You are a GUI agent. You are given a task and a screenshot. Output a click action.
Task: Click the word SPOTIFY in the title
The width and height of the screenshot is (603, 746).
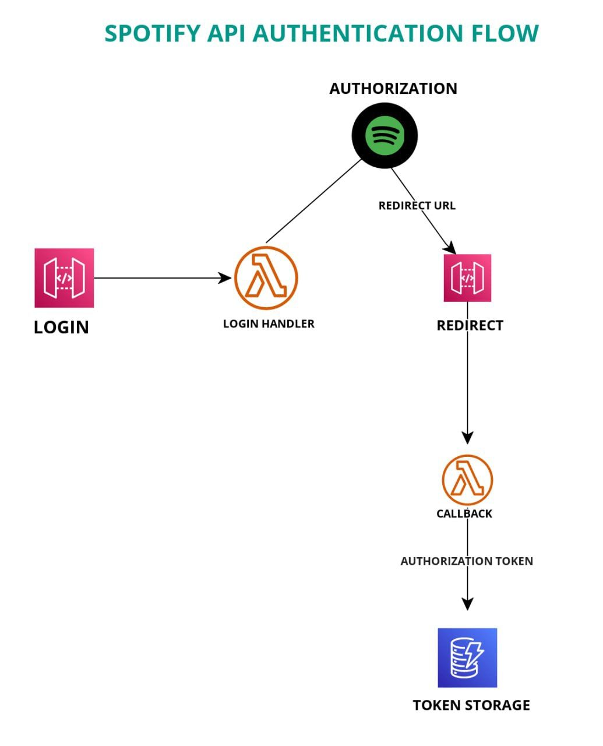click(152, 34)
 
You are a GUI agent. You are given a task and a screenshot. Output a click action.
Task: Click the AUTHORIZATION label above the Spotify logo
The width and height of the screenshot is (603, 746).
click(393, 88)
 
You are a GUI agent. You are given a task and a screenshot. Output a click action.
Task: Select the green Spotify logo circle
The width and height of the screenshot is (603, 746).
click(385, 135)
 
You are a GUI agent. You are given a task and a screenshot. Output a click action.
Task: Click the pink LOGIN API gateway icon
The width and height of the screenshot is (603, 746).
click(64, 278)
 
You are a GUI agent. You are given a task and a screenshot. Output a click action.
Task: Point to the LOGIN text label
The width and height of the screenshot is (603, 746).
click(61, 328)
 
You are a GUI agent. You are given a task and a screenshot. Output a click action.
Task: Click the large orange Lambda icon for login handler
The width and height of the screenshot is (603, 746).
click(266, 278)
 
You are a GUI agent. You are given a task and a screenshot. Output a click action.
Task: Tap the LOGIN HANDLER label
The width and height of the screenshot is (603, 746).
click(269, 323)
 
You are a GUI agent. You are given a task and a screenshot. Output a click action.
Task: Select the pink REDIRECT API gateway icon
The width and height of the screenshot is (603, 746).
click(467, 278)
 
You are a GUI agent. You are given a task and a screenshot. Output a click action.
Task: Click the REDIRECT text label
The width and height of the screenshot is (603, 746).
click(470, 325)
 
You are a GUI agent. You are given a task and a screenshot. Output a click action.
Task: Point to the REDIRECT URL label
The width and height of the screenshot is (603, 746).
click(417, 206)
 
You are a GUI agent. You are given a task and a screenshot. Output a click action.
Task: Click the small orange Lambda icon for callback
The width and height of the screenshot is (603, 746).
click(467, 480)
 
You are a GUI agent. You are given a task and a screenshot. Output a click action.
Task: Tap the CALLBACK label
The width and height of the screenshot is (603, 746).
click(464, 513)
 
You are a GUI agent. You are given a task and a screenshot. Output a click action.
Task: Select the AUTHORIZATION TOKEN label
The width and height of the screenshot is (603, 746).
click(467, 561)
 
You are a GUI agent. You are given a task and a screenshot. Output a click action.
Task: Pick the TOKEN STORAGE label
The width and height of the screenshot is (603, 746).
click(471, 705)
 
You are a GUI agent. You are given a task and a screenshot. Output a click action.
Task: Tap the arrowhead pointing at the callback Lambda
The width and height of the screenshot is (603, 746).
click(467, 438)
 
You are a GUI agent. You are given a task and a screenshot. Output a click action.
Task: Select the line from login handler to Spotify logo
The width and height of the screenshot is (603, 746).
click(313, 201)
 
